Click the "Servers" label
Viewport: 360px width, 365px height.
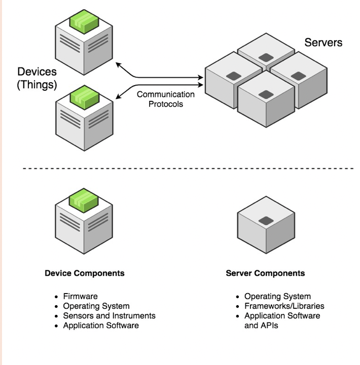323,43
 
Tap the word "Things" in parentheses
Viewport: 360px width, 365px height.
37,84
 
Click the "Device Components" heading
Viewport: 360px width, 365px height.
85,273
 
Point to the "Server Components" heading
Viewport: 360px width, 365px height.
265,273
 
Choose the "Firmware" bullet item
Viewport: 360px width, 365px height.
80,297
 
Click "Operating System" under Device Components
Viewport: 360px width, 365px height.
96,306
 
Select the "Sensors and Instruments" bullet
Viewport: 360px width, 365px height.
109,316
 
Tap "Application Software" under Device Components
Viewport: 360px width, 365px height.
101,325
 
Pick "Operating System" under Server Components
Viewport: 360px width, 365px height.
277,297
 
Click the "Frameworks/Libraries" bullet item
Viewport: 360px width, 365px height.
284,306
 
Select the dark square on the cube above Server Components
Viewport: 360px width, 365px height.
264,221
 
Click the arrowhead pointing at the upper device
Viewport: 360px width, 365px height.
119,64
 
